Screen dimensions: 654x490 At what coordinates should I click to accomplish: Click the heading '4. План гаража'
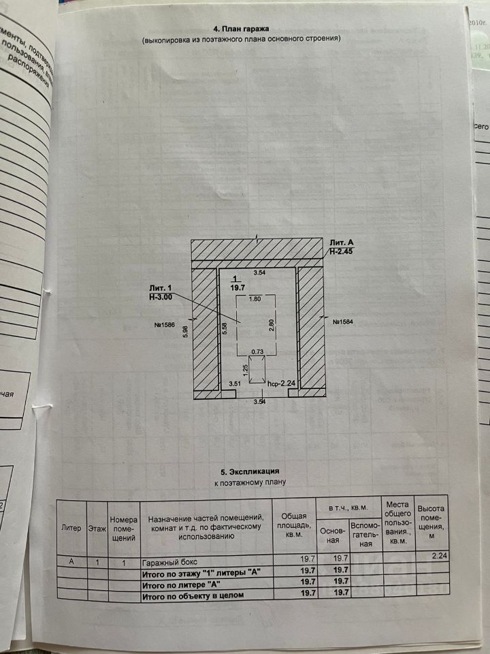[242, 29]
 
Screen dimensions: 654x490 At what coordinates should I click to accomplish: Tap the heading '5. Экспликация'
[250, 471]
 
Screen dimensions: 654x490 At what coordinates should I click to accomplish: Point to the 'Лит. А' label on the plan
[342, 243]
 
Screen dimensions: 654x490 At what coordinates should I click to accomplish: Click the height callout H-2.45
[342, 251]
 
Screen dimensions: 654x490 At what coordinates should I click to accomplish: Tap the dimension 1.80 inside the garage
[256, 298]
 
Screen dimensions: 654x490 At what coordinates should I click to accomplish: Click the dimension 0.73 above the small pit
[257, 352]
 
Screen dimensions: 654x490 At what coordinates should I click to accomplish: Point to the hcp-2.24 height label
[281, 384]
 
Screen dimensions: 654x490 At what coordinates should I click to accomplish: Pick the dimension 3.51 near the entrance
[235, 385]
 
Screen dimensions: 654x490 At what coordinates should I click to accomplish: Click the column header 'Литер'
[71, 528]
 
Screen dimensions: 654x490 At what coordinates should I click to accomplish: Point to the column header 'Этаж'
[97, 528]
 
